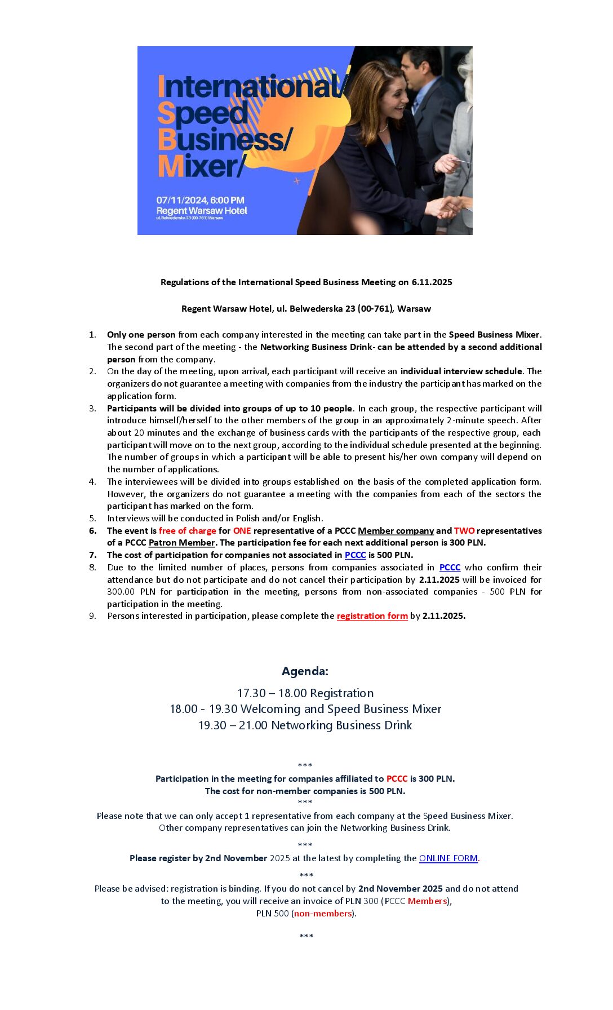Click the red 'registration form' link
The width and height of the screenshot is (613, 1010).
(372, 615)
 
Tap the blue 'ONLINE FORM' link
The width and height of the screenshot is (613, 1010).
(448, 858)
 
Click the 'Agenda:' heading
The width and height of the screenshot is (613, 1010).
(305, 671)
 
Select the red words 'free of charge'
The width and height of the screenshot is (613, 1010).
(187, 530)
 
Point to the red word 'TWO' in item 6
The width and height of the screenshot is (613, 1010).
(464, 530)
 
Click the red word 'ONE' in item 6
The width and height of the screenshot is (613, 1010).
(242, 530)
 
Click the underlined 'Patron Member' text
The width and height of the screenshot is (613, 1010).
(181, 542)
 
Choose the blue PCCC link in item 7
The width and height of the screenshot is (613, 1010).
(355, 555)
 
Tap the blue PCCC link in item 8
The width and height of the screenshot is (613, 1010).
(450, 567)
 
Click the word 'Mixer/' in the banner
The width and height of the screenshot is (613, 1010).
(200, 166)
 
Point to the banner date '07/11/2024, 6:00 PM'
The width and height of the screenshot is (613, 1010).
(200, 200)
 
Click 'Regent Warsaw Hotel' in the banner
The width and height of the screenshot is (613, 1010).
(202, 211)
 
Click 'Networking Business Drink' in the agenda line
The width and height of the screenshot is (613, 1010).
(341, 725)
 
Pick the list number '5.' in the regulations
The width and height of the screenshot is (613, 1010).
(92, 518)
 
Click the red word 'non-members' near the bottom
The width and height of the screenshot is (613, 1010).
(323, 913)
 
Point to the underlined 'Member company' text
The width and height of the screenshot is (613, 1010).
(396, 530)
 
